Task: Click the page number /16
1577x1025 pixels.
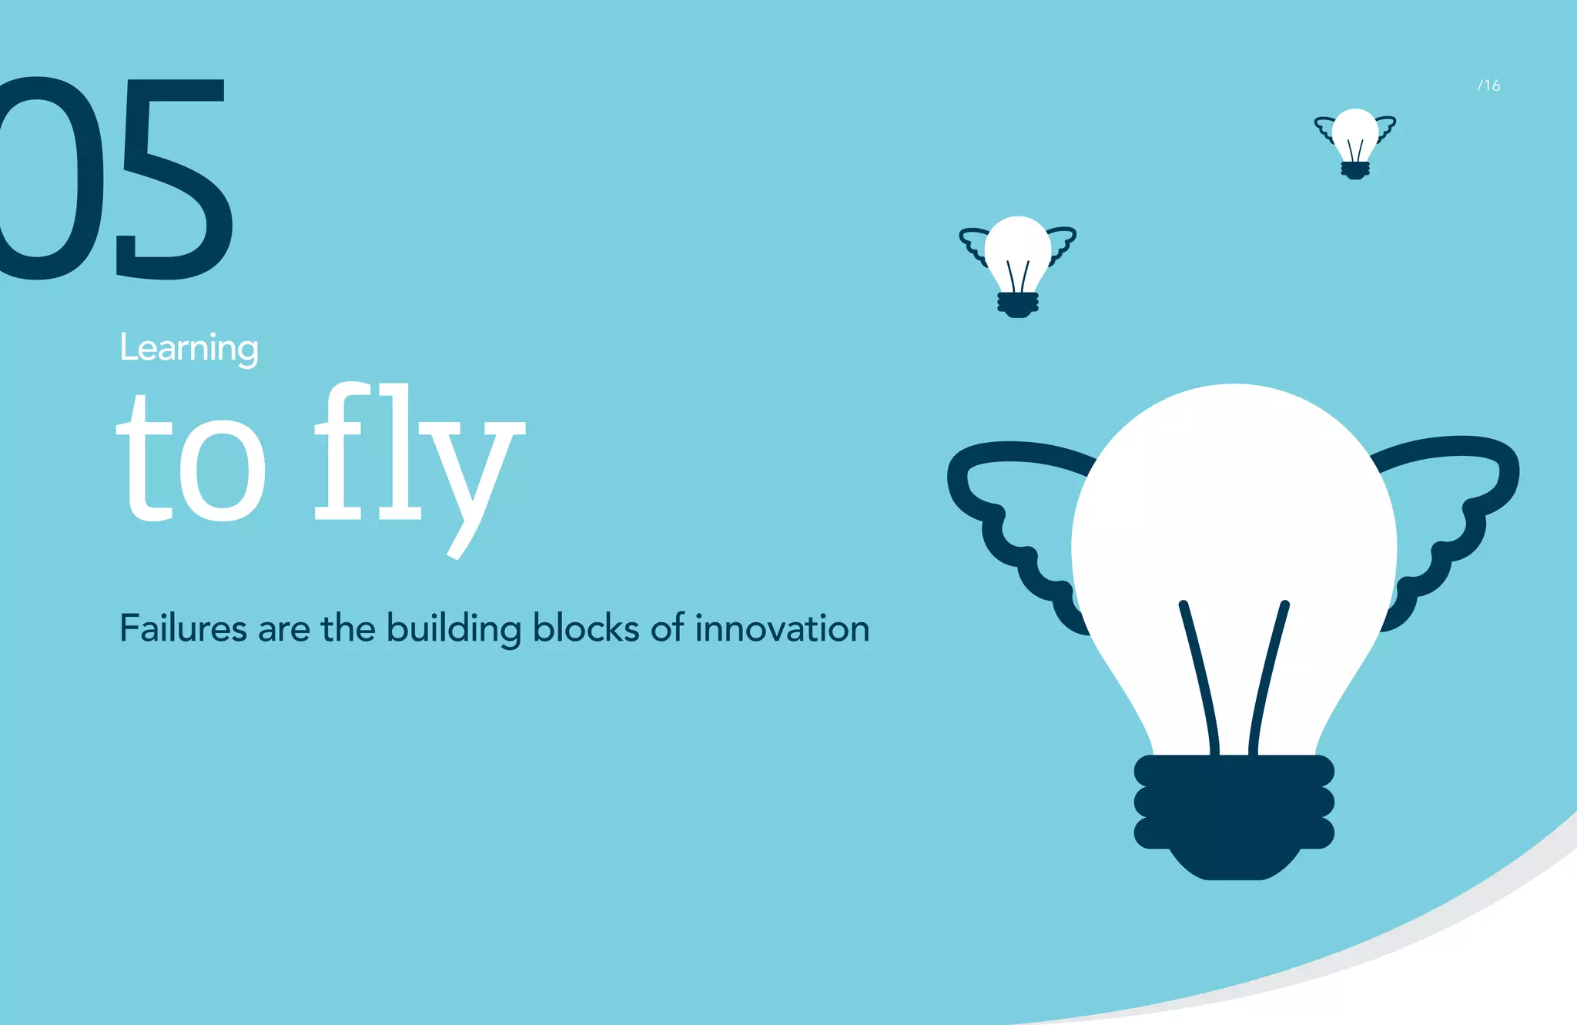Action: coord(1488,85)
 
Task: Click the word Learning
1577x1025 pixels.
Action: coord(189,348)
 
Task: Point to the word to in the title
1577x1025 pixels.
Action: coord(191,462)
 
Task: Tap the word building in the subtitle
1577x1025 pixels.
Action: coord(453,629)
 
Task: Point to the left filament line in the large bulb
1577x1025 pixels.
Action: coord(1200,678)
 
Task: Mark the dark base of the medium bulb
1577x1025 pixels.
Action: coord(1018,304)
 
